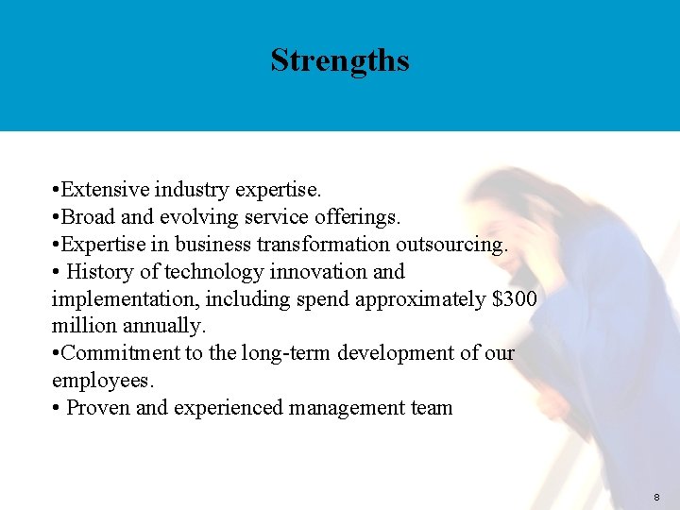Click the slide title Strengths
pyautogui.click(x=340, y=60)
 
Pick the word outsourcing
pyautogui.click(x=454, y=245)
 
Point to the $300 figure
pyautogui.click(x=515, y=299)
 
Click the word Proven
pyautogui.click(x=99, y=408)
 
